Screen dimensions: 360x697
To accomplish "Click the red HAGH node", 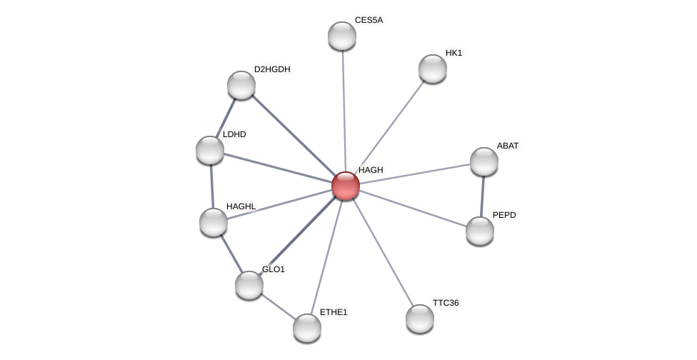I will (x=346, y=186).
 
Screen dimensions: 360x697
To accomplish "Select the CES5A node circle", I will (x=342, y=36).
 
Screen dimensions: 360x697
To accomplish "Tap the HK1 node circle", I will (x=433, y=69).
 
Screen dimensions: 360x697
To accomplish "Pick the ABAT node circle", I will (x=484, y=161).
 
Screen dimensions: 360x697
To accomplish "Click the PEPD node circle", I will (x=480, y=231).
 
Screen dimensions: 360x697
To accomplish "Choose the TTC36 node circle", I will (x=420, y=319).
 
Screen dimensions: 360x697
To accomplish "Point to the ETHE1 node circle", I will (x=307, y=328).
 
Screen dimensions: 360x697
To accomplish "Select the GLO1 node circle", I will (x=249, y=285).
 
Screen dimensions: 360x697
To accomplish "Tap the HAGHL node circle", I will (x=214, y=222).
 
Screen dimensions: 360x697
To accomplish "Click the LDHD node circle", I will (x=210, y=150).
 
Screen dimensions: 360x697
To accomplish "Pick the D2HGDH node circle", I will (x=241, y=85).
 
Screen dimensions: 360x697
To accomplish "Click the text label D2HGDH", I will (x=272, y=69).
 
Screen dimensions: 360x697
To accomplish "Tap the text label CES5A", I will (x=368, y=20).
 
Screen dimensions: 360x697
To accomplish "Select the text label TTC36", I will (x=446, y=303).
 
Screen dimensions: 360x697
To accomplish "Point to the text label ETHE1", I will (x=334, y=312).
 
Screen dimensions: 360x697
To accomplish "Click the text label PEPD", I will (x=504, y=215).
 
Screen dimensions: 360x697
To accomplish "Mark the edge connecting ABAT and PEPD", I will (x=482, y=196).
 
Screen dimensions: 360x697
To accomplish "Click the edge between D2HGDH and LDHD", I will (x=226, y=118).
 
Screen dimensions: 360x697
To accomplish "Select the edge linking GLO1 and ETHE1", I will (x=278, y=306).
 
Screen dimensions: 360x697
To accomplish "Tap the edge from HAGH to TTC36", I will (x=383, y=252).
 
